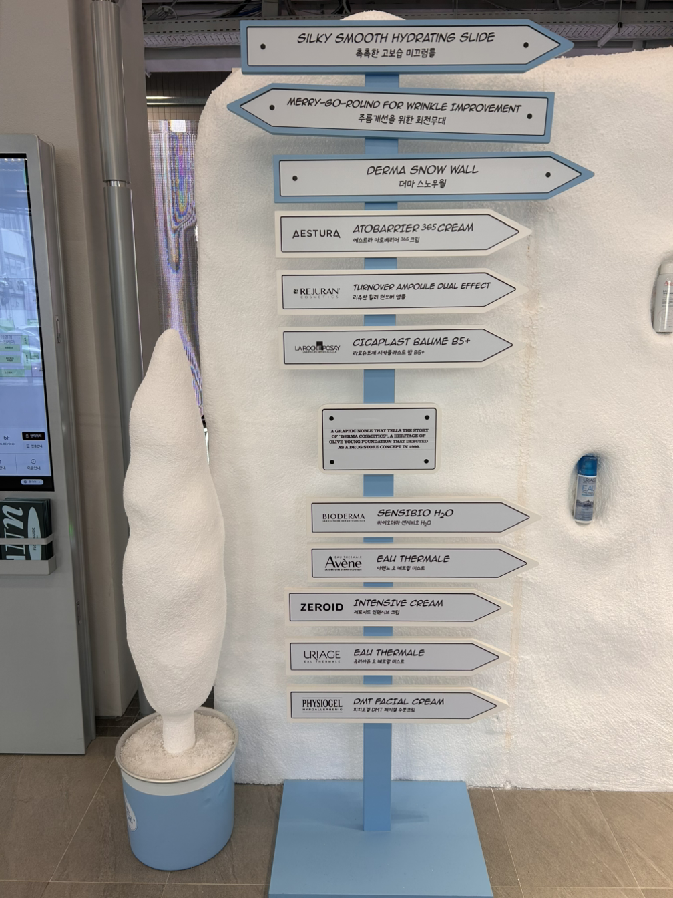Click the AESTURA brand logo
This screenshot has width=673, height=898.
click(x=316, y=234)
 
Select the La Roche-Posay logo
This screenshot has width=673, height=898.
click(x=317, y=348)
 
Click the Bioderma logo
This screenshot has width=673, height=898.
click(x=343, y=517)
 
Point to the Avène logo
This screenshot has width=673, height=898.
click(x=343, y=563)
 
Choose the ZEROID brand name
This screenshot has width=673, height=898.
click(x=321, y=607)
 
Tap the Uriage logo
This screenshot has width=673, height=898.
click(x=321, y=656)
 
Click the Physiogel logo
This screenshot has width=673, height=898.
click(x=321, y=704)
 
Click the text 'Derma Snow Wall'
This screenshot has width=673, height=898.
click(x=422, y=170)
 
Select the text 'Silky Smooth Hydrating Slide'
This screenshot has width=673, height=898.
click(x=396, y=37)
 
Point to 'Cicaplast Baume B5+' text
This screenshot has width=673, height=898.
click(x=411, y=341)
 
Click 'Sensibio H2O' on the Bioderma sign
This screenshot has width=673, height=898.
click(x=415, y=513)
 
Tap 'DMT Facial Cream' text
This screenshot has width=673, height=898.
click(x=398, y=702)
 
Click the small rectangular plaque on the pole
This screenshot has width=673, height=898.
click(x=379, y=438)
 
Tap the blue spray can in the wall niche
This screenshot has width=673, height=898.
click(x=586, y=488)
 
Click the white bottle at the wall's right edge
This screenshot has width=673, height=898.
click(x=664, y=297)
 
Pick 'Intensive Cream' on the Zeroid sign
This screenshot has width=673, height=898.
click(x=398, y=603)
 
